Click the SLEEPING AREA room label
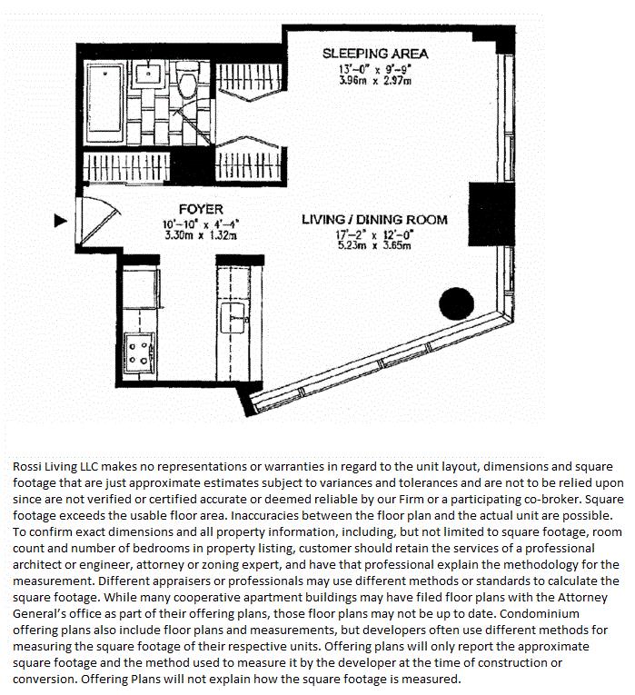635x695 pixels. click(374, 54)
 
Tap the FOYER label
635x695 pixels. click(201, 209)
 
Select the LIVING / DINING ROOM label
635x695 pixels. click(374, 220)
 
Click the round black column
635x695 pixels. click(455, 304)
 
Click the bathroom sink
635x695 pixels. click(150, 73)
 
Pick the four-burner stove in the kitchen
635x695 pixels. click(141, 352)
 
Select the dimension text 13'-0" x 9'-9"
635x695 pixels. click(374, 69)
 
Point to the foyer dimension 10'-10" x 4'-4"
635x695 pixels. click(200, 223)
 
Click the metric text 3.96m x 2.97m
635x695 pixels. click(374, 81)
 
